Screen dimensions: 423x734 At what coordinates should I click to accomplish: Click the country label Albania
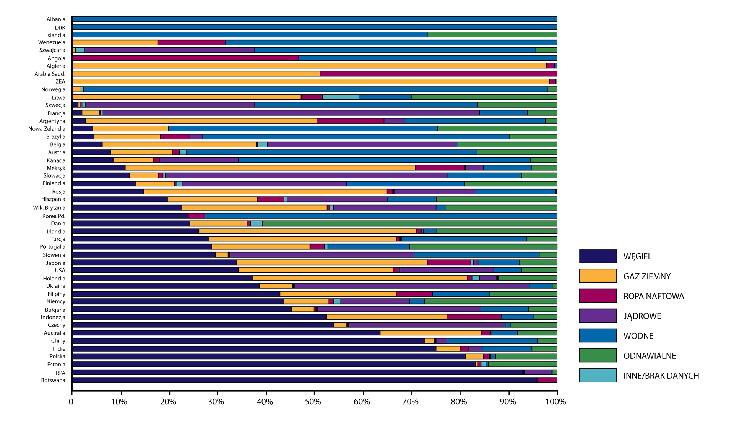tap(56, 19)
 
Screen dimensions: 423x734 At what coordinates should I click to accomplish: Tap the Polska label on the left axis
tap(57, 357)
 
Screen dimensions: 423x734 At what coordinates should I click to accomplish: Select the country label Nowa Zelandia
tap(47, 129)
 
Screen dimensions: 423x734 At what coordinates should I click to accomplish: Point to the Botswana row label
tap(53, 380)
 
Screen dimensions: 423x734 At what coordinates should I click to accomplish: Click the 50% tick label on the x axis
tap(313, 402)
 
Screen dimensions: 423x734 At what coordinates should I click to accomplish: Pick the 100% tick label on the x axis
tap(555, 402)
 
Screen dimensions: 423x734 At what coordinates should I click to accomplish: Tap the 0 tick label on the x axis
tap(71, 402)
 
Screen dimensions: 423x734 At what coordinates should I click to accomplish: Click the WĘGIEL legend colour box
tap(598, 256)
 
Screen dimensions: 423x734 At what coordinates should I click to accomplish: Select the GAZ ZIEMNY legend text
tap(647, 276)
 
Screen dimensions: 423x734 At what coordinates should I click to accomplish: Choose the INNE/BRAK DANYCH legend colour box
tap(598, 375)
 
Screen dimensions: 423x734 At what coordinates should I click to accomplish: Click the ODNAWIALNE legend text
tap(650, 356)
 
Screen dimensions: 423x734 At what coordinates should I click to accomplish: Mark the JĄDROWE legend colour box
tap(598, 316)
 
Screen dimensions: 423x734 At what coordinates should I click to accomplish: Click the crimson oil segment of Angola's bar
tap(185, 58)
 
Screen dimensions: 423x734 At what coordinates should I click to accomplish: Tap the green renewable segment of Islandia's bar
tap(492, 35)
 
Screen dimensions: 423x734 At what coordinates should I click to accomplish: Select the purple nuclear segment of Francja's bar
tap(291, 113)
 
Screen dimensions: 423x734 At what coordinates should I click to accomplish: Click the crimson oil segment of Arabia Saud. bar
tap(438, 74)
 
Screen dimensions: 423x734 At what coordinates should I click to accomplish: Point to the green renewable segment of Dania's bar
tap(409, 224)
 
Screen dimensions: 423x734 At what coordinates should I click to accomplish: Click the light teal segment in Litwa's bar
tap(341, 97)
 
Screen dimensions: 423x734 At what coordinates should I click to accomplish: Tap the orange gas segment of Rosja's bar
tap(265, 191)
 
